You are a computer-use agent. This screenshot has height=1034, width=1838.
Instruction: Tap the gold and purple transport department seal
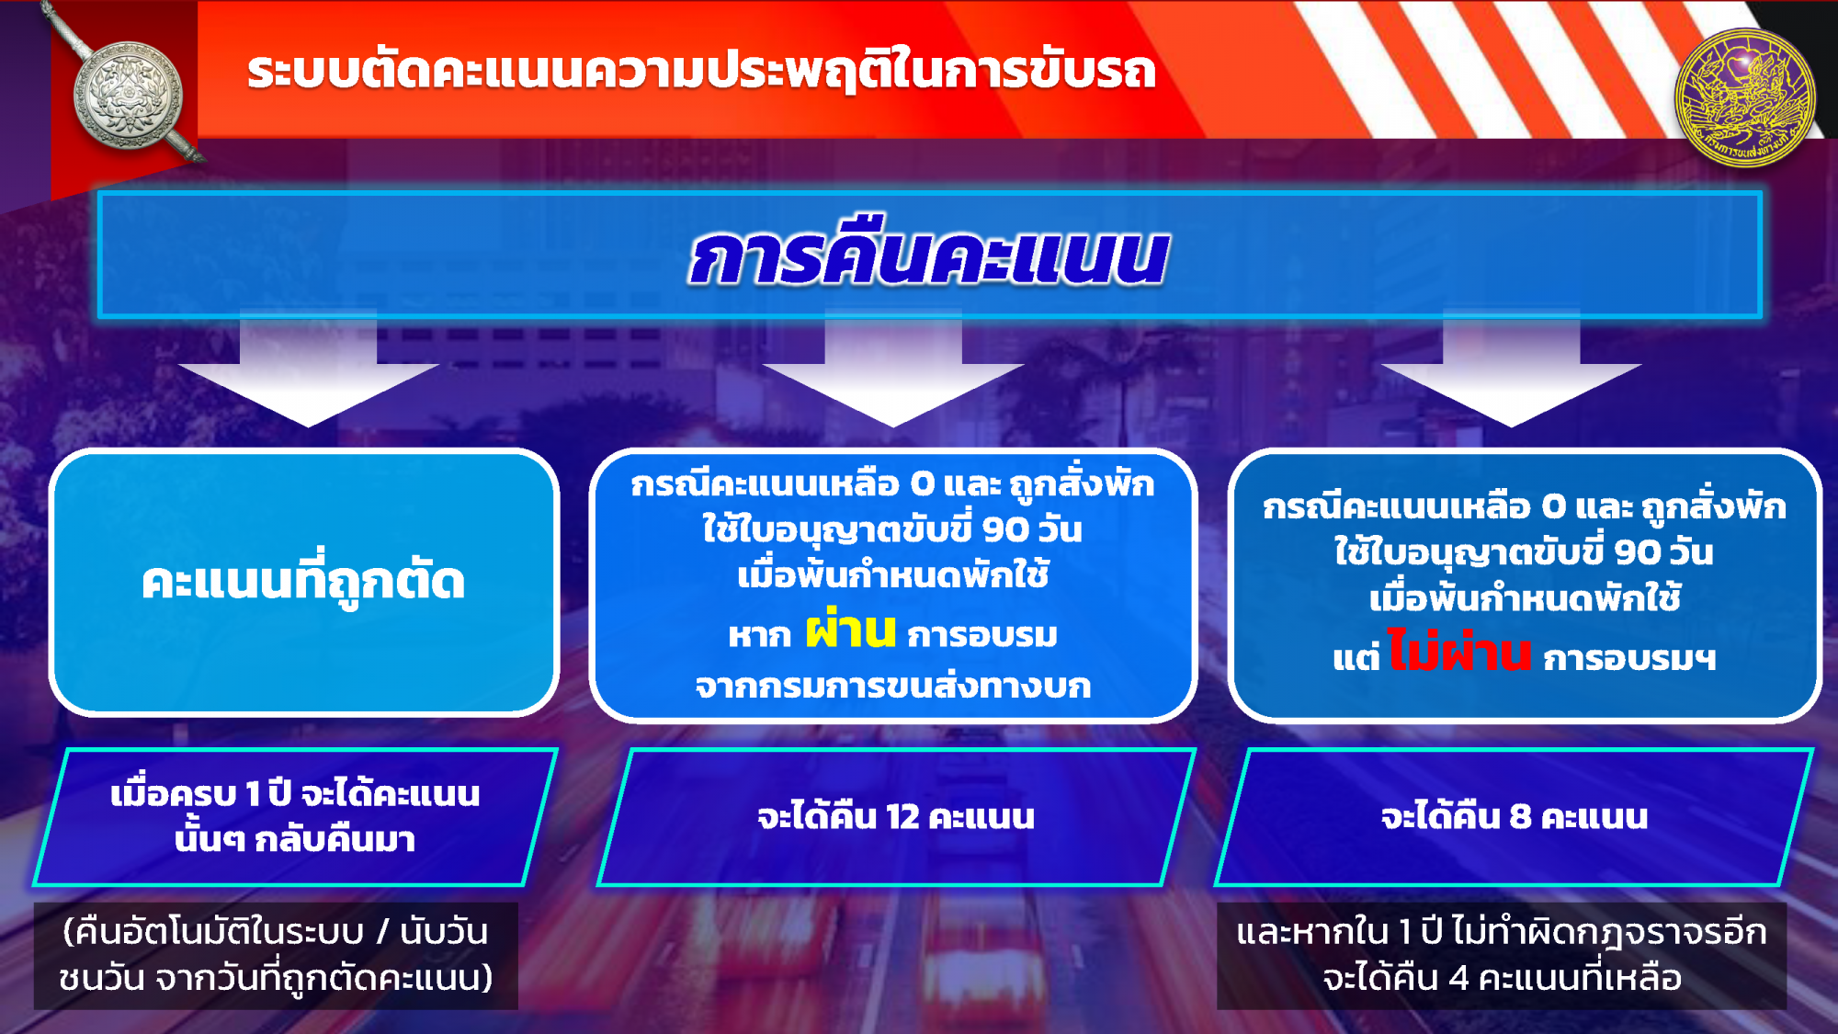[x=1744, y=97]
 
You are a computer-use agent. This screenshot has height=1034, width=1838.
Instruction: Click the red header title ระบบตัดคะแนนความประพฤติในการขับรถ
[x=701, y=72]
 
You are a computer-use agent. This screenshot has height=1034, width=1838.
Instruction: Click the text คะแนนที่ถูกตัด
[x=303, y=581]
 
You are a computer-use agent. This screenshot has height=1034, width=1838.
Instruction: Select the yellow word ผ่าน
[x=850, y=630]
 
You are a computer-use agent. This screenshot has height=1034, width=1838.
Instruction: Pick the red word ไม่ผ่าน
[x=1458, y=652]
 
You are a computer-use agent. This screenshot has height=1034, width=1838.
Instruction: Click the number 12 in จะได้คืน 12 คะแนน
[x=902, y=817]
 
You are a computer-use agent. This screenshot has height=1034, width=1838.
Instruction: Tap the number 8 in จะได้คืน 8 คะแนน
[x=1520, y=816]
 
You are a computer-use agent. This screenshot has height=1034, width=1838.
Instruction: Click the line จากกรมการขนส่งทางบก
[x=893, y=686]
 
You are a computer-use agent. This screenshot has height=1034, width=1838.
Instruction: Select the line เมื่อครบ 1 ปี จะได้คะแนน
[x=295, y=793]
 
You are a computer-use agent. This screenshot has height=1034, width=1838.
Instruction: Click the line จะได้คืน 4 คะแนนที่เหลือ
[x=1503, y=978]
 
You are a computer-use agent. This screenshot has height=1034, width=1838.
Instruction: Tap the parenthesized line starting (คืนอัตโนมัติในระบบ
[x=276, y=932]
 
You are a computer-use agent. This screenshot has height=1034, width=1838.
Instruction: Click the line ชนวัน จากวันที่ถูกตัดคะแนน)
[x=276, y=978]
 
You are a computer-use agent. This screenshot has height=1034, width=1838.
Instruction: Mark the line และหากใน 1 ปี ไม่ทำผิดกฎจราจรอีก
[x=1502, y=932]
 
